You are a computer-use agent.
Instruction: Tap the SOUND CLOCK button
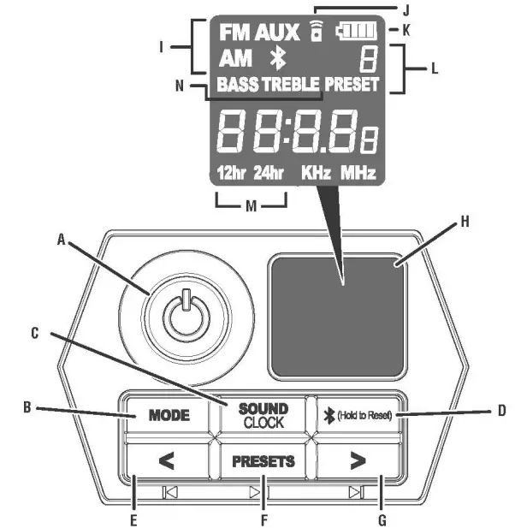pyautogui.click(x=263, y=416)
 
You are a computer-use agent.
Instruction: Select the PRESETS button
pyautogui.click(x=263, y=461)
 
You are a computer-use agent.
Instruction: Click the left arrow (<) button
pyautogui.click(x=167, y=461)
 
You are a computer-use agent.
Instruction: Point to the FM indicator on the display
pyautogui.click(x=234, y=33)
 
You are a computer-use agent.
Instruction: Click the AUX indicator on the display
pyautogui.click(x=276, y=33)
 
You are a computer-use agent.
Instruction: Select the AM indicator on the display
pyautogui.click(x=235, y=59)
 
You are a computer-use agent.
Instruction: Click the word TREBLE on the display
pyautogui.click(x=290, y=85)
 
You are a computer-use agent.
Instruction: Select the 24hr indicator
pyautogui.click(x=269, y=173)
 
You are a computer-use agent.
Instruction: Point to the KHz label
pyautogui.click(x=316, y=173)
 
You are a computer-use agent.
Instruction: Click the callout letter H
pyautogui.click(x=465, y=222)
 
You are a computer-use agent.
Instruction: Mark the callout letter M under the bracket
pyautogui.click(x=250, y=205)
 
